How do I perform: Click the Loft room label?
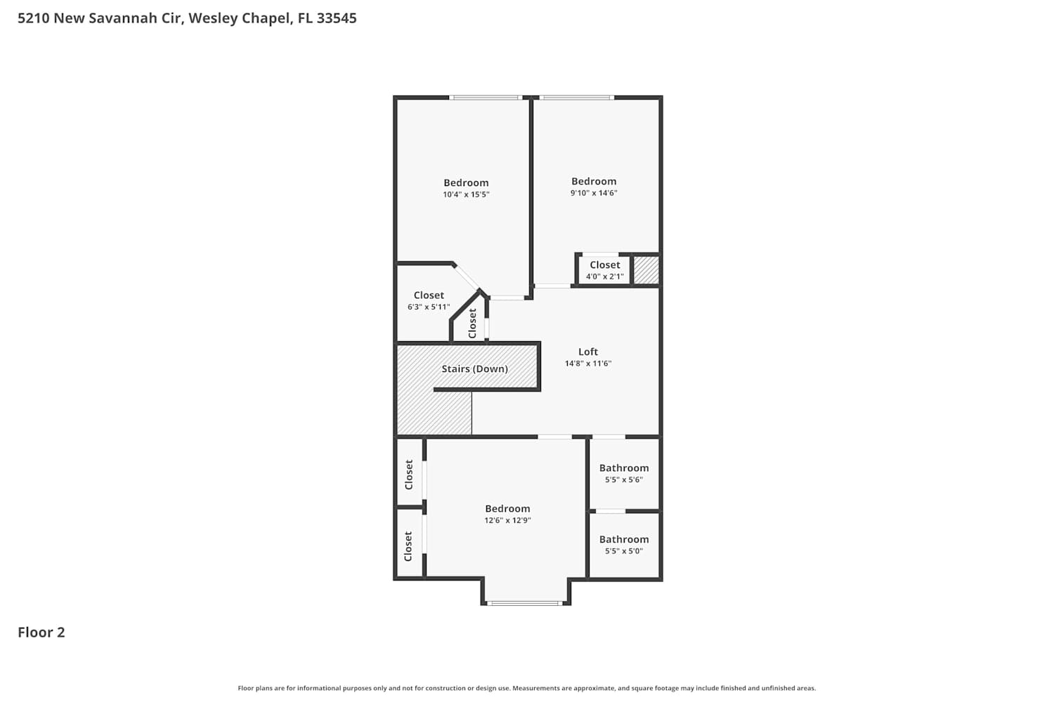click(x=587, y=352)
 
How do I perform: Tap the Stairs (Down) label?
click(x=474, y=369)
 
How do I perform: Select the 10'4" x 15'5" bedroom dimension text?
click(x=466, y=194)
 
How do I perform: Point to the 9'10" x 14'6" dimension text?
click(x=593, y=193)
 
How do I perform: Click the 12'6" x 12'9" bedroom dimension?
click(x=507, y=520)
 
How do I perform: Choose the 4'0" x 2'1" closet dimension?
click(x=604, y=277)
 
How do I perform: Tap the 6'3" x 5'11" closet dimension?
click(x=428, y=307)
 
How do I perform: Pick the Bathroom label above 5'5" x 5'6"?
click(x=624, y=468)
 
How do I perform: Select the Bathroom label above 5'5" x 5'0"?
click(x=624, y=539)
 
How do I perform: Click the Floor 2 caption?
click(x=41, y=633)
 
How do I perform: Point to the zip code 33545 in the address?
click(x=337, y=18)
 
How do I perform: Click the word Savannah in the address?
click(x=122, y=18)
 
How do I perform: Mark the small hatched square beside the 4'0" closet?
click(x=646, y=270)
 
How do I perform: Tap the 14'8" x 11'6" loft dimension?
click(x=587, y=364)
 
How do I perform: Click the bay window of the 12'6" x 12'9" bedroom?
click(x=525, y=603)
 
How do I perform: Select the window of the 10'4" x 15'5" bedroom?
click(x=486, y=98)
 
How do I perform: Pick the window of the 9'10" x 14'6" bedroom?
click(x=576, y=98)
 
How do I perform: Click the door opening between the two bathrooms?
click(x=611, y=511)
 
